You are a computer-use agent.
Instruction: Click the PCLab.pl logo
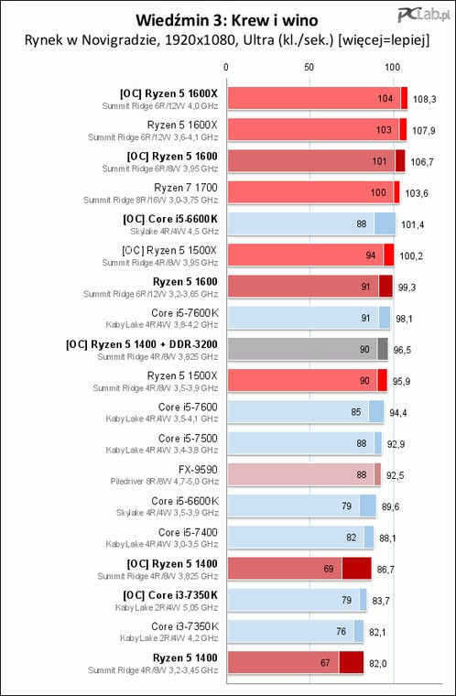pos(425,15)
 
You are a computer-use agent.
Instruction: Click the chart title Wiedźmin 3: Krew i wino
pos(226,20)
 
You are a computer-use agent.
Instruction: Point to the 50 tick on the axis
pos(309,68)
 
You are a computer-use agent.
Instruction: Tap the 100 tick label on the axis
pos(392,68)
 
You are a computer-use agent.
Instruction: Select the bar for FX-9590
pos(305,474)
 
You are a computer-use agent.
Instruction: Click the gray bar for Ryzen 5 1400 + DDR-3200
pos(308,349)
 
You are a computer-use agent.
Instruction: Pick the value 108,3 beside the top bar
pos(425,99)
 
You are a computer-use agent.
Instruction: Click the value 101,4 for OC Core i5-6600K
pos(412,224)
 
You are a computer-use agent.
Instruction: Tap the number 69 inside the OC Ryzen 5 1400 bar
pos(329,569)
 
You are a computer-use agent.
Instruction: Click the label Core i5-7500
pos(188,439)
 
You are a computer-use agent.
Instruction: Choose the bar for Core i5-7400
pos(300,537)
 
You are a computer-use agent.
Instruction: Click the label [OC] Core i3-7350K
pos(170,595)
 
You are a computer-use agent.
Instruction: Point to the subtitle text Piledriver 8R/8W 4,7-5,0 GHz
pos(165,481)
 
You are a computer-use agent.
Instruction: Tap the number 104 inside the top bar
pos(385,99)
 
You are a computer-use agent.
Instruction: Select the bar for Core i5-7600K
pos(309,318)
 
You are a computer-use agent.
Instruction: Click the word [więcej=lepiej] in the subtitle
pos(383,41)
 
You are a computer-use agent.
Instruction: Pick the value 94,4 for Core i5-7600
pos(397,413)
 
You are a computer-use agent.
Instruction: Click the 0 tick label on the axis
pos(226,68)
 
